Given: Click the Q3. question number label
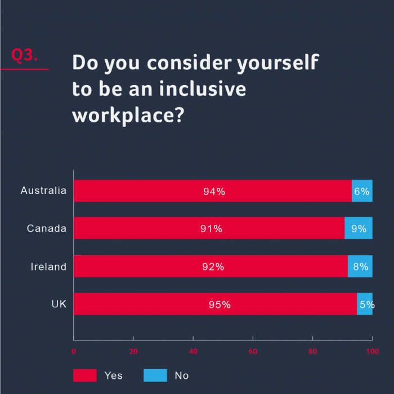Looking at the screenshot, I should point(25,55).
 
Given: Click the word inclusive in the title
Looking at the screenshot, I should point(203,88).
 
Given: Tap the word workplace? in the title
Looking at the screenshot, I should point(128,114).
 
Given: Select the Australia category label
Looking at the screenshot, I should point(43,191).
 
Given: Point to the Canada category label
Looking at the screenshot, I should point(47,228).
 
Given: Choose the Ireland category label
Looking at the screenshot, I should point(48,267).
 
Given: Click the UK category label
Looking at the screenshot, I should point(59,304).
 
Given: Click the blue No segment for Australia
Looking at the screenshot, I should point(362,191).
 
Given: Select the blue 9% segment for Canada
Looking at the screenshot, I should point(359,228).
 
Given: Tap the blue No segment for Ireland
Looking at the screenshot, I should point(360,267).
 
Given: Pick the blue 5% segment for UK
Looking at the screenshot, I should point(365,304).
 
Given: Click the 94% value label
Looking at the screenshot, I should point(214,192).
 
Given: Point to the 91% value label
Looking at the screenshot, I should point(211,229).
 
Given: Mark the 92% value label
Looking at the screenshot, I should point(213,267).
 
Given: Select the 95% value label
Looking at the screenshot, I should point(220,305).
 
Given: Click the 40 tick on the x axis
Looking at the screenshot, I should point(193,351).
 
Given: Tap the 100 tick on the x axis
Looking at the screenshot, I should point(372,351).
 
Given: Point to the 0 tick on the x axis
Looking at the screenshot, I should point(74,351).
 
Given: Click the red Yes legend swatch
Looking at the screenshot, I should point(84,375).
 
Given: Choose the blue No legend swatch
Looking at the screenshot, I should point(155,375).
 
